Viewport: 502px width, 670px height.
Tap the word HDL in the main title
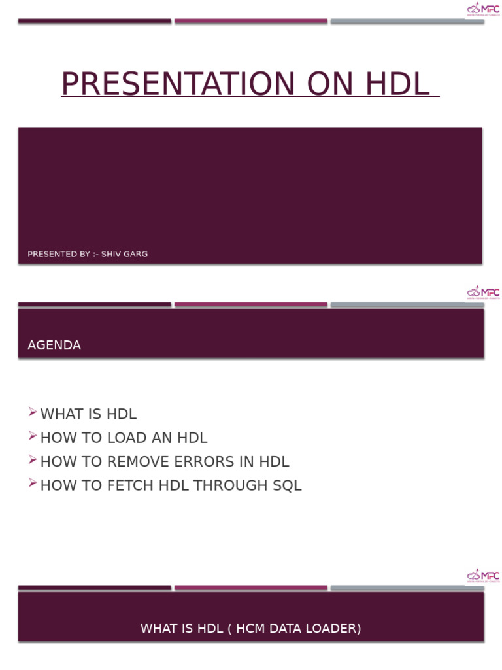(x=397, y=84)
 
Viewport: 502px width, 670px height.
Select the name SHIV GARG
(x=124, y=254)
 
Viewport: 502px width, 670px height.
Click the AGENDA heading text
(x=54, y=345)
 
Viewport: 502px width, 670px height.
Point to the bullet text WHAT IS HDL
(x=88, y=414)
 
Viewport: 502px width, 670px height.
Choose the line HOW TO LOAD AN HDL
(x=124, y=438)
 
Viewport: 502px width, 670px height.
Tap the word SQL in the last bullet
(x=286, y=485)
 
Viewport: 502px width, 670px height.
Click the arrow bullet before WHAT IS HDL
(x=33, y=412)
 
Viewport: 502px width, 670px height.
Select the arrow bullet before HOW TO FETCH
(x=33, y=484)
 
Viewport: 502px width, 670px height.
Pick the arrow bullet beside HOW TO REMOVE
(x=33, y=460)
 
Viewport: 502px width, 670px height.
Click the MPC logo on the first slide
(x=483, y=9)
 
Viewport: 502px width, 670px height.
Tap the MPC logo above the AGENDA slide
(x=483, y=292)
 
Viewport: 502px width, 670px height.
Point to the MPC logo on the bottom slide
(x=483, y=576)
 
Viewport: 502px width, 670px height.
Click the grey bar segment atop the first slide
(x=407, y=22)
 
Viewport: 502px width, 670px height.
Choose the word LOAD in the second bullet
(x=132, y=438)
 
